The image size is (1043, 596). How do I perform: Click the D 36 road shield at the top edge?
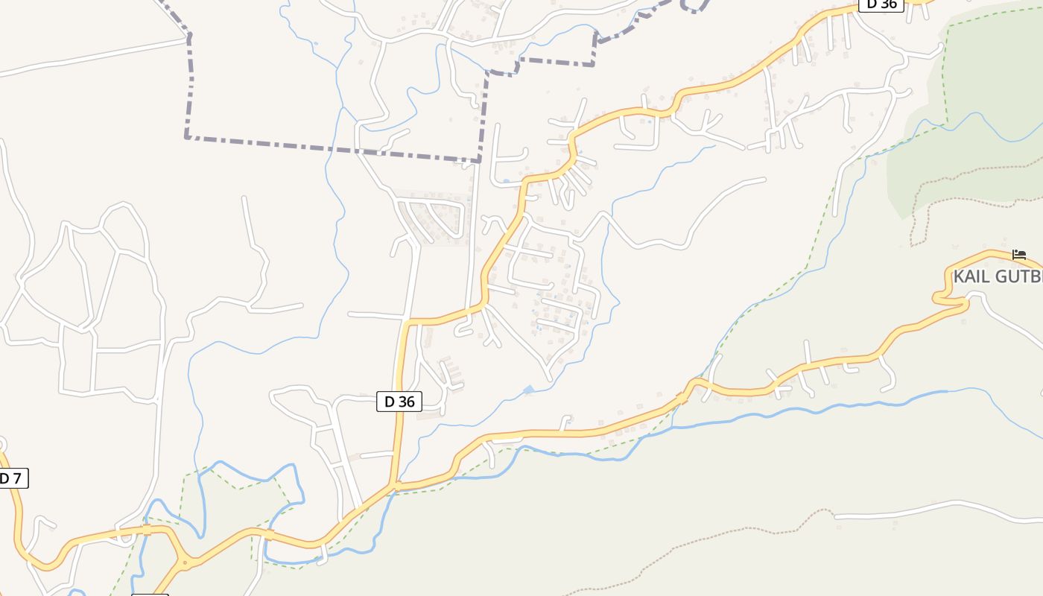[881, 4]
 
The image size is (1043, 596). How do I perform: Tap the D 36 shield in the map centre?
[399, 402]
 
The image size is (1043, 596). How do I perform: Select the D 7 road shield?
[11, 478]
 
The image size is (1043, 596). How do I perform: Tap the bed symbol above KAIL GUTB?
[1019, 255]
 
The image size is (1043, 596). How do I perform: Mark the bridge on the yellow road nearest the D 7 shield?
[147, 530]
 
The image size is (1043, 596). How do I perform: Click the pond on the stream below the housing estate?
[528, 390]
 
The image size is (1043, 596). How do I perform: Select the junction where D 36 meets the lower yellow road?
[395, 486]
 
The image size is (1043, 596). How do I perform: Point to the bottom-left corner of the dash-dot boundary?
[186, 136]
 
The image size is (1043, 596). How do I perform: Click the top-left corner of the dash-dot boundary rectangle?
[189, 34]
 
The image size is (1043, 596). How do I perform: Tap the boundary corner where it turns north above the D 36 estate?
[487, 72]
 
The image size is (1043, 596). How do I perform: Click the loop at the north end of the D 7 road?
[1, 446]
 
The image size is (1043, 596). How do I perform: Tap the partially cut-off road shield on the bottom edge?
[150, 595]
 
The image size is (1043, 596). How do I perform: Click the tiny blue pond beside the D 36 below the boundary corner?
[507, 180]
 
